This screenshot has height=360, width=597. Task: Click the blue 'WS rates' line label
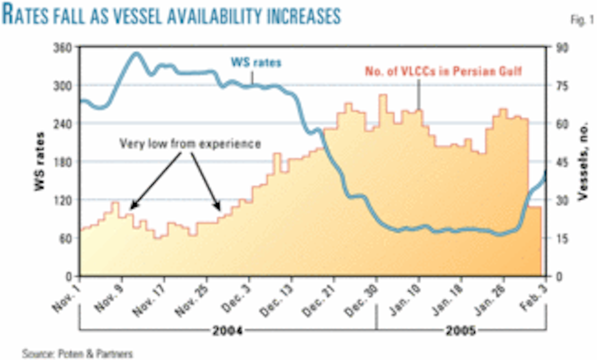256,62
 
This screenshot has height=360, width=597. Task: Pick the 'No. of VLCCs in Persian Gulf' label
444,71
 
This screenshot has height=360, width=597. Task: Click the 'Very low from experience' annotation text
190,144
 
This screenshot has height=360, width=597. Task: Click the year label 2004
228,331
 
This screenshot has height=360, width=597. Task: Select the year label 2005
461,331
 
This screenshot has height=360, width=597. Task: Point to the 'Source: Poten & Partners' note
77,354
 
